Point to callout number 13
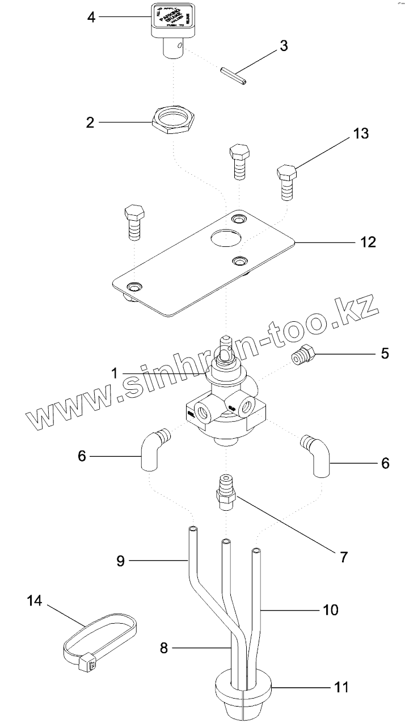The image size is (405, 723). pyautogui.click(x=361, y=134)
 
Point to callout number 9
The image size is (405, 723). pyautogui.click(x=120, y=561)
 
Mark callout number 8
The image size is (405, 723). pyautogui.click(x=164, y=648)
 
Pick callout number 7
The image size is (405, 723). pyautogui.click(x=344, y=557)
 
